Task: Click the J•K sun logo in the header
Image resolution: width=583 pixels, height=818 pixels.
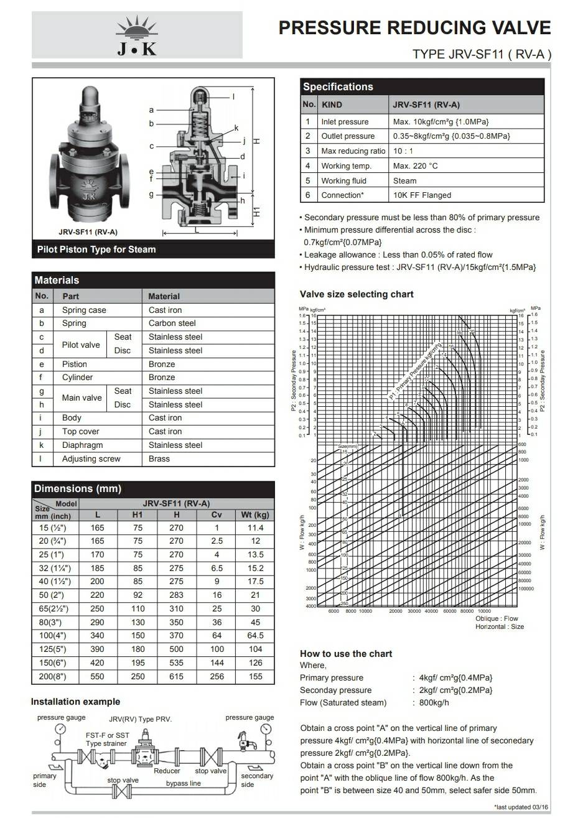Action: (137, 37)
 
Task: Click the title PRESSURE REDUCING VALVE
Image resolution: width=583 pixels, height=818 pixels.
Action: (414, 28)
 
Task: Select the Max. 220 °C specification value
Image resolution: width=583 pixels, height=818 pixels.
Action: (415, 166)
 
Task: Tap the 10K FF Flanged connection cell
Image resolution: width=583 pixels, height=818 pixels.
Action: (422, 195)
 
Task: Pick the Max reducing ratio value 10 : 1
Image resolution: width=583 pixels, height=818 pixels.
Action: (403, 151)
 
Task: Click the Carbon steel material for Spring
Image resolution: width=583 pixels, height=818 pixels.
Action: (172, 323)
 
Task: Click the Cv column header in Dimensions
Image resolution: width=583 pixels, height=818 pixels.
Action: (216, 515)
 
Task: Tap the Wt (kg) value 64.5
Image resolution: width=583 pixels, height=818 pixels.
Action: (255, 636)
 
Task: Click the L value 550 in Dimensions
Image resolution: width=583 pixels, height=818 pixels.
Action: (98, 676)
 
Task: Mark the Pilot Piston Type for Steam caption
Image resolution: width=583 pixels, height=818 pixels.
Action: (96, 249)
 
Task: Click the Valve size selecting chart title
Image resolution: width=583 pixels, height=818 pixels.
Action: (357, 294)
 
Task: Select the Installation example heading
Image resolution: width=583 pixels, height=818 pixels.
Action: (75, 702)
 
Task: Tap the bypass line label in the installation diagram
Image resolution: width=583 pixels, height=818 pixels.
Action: (183, 784)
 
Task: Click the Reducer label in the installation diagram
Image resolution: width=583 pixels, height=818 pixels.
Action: (167, 771)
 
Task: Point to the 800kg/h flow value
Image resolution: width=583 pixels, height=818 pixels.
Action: (434, 703)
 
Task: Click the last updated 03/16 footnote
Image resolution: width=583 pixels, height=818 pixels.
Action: (521, 807)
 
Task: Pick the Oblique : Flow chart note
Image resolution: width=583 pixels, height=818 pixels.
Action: (497, 619)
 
